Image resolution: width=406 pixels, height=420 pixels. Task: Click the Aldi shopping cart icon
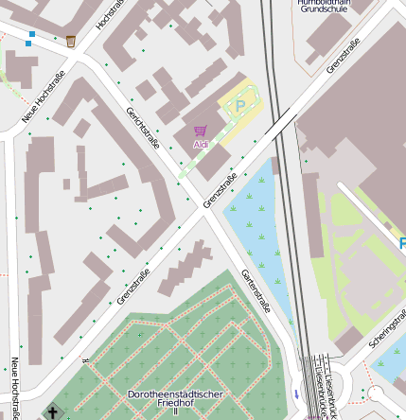[200, 131]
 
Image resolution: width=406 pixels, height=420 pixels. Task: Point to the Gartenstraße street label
[256, 290]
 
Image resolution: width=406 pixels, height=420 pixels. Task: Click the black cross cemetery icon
[53, 411]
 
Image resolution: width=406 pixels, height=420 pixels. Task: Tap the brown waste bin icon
[71, 41]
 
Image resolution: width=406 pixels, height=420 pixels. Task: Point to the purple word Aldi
[200, 144]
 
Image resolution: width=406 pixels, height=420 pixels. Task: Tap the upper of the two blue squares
[31, 34]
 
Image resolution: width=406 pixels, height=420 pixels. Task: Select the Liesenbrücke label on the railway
[327, 387]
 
